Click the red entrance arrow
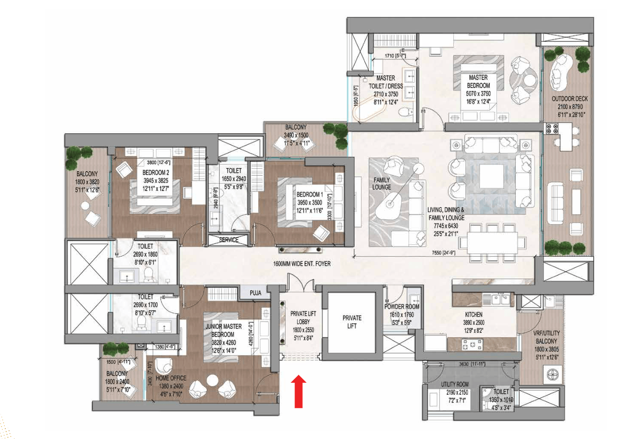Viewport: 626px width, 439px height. coord(298,391)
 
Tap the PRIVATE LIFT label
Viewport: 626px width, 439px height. coord(352,322)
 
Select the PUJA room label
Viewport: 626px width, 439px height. coord(256,293)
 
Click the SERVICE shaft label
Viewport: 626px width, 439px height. coord(229,239)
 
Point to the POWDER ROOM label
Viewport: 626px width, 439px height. coord(402,307)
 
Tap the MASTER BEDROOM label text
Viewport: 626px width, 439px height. coord(478,81)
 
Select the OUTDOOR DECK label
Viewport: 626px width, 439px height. coord(570,99)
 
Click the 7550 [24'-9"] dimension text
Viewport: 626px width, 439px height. coord(444,253)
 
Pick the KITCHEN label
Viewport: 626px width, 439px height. coord(473,314)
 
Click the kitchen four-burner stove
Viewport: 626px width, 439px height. coord(472,344)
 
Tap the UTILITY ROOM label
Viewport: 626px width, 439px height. coord(455,384)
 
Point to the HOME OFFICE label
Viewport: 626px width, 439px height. coord(171,378)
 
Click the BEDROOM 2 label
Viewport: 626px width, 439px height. coord(156,173)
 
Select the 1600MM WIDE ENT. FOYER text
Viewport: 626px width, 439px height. coord(302,263)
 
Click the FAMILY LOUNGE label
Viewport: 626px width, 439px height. coord(382,184)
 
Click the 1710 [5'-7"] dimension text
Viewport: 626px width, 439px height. coord(395,56)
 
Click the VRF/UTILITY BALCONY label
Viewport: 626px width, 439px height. coord(546,337)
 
